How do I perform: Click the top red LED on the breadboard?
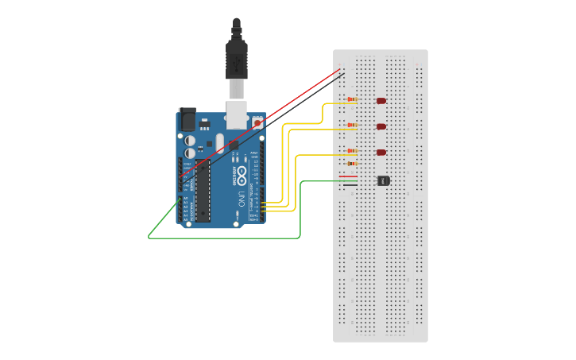(x=381, y=101)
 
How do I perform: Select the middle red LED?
(x=381, y=126)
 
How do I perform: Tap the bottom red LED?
(x=381, y=152)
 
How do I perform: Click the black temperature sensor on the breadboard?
(x=384, y=180)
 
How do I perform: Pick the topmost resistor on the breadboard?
(x=352, y=100)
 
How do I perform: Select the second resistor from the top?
(x=352, y=126)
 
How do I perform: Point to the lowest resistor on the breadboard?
(x=352, y=164)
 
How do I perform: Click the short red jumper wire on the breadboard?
(x=347, y=176)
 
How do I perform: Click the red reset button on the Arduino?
(x=257, y=123)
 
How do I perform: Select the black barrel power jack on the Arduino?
(x=187, y=119)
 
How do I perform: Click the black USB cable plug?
(x=237, y=56)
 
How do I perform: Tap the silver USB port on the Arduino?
(x=238, y=114)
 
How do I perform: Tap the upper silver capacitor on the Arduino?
(x=191, y=140)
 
